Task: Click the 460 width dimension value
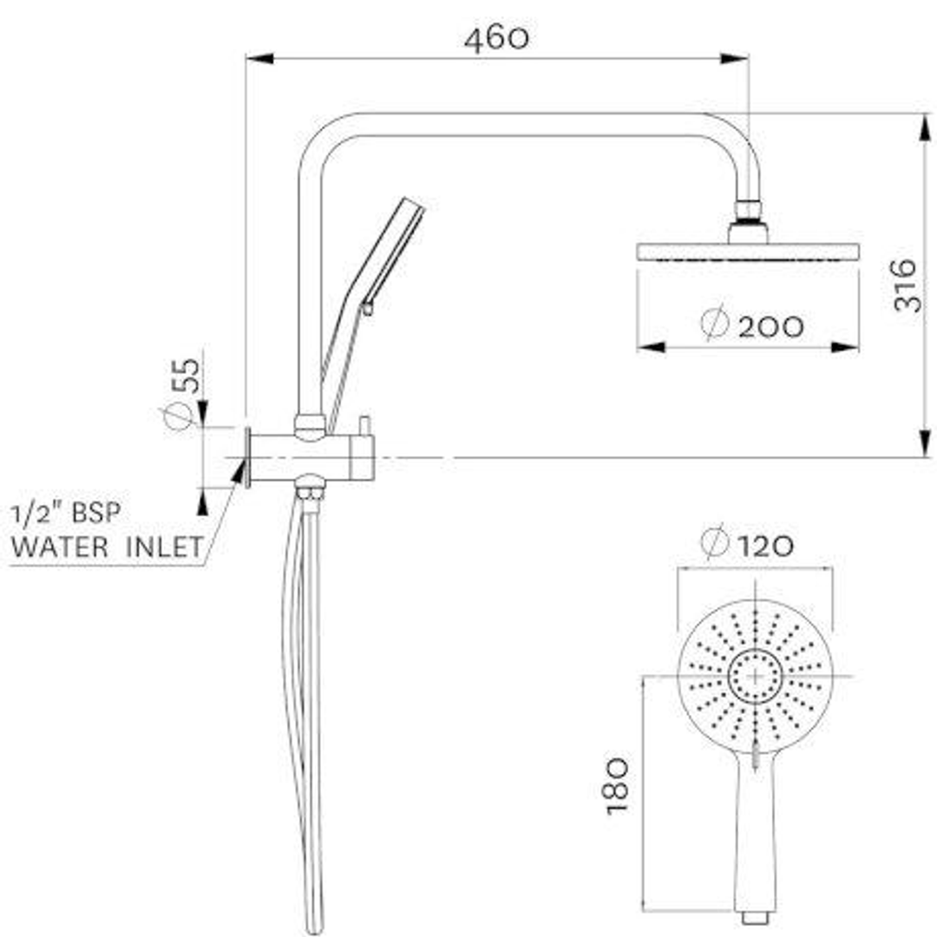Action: pos(496,39)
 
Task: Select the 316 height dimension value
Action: pos(908,285)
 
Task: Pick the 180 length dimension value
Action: pos(617,785)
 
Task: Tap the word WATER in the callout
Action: pos(59,548)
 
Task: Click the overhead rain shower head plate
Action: pos(748,252)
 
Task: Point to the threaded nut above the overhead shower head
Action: pos(748,211)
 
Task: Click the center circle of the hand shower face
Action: pos(755,676)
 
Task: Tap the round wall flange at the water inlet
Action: pos(248,457)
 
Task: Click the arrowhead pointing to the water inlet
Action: pos(238,471)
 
